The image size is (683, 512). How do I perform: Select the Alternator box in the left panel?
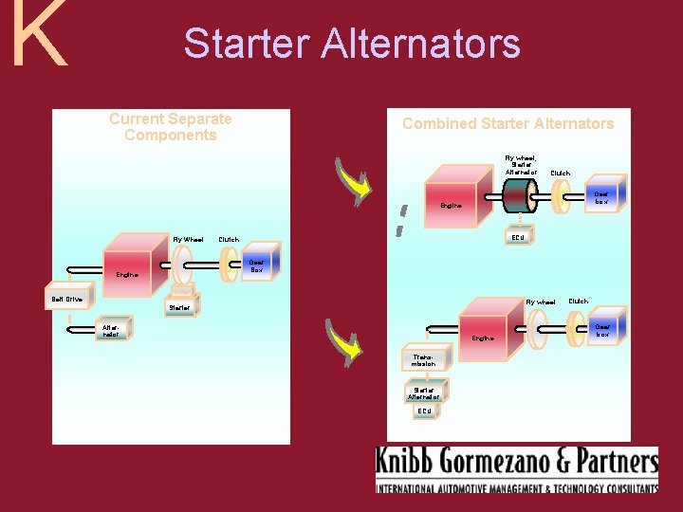tap(111, 330)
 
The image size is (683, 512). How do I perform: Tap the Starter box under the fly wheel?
tap(179, 306)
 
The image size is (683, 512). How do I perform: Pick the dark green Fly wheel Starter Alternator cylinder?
tap(517, 195)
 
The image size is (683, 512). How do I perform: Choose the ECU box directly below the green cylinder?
tap(517, 236)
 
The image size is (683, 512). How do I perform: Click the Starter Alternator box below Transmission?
tap(424, 391)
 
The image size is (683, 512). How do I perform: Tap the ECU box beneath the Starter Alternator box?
tap(424, 411)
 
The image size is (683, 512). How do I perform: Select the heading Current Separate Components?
tap(171, 127)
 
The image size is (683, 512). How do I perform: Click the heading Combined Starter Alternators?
tap(508, 123)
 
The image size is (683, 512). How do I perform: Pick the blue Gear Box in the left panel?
tap(254, 265)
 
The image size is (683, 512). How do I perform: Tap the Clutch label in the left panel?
tap(229, 240)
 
